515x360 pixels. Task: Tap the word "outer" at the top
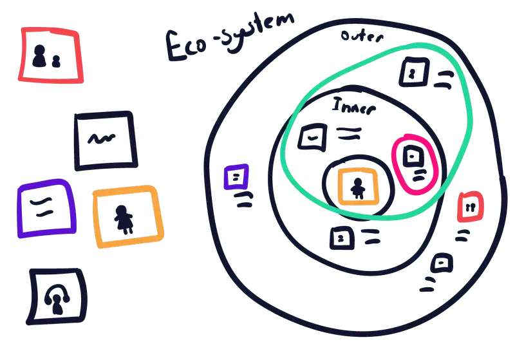click(362, 35)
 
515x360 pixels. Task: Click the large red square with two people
click(52, 55)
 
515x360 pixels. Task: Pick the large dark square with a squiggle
click(104, 140)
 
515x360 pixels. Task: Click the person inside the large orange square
click(122, 218)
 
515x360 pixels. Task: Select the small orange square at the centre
click(358, 187)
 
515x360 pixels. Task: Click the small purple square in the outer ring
click(236, 176)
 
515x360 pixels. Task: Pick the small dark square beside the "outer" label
click(413, 72)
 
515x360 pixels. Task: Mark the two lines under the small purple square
click(243, 200)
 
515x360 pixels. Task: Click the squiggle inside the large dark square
click(103, 137)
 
